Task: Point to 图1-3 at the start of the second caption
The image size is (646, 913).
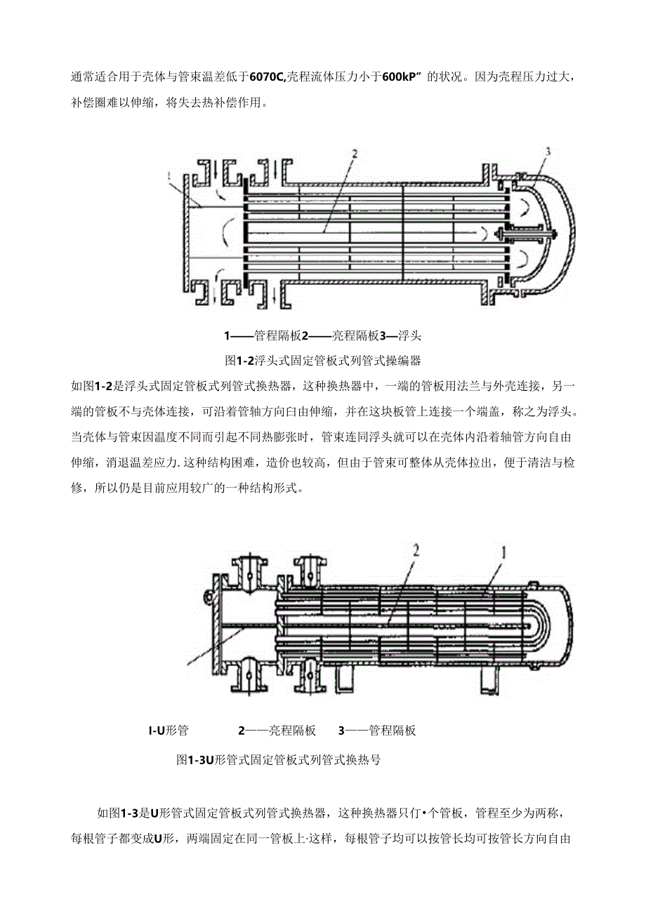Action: (192, 759)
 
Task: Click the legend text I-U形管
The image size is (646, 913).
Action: (169, 730)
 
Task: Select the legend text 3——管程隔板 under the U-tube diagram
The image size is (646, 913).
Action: (377, 730)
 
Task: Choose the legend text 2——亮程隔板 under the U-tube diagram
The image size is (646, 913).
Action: (277, 730)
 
